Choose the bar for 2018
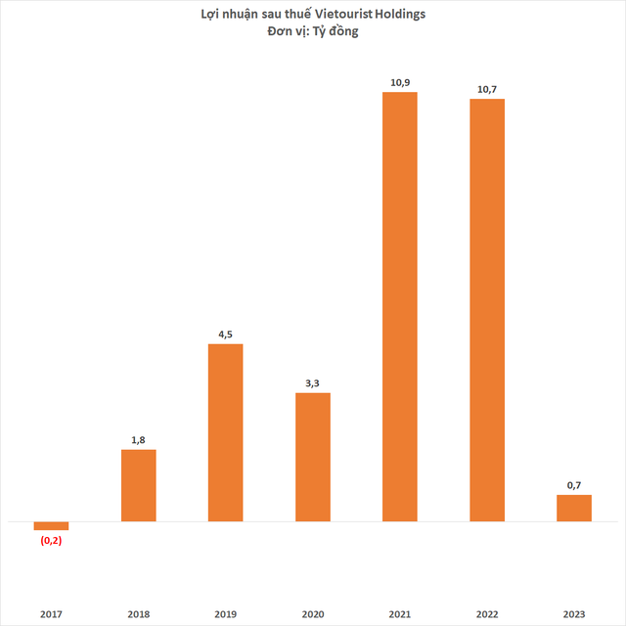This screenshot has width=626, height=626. tap(138, 485)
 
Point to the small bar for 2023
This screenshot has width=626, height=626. tap(574, 508)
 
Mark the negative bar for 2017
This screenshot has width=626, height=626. tap(51, 525)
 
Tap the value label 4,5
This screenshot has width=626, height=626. tap(225, 333)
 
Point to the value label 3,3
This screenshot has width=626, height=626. tap(313, 381)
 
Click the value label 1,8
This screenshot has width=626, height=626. tap(138, 438)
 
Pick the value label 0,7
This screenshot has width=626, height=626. tap(574, 483)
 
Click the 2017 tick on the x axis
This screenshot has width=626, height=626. tap(51, 613)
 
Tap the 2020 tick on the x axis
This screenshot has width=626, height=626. tap(313, 613)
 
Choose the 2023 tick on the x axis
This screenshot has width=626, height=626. tap(574, 613)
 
